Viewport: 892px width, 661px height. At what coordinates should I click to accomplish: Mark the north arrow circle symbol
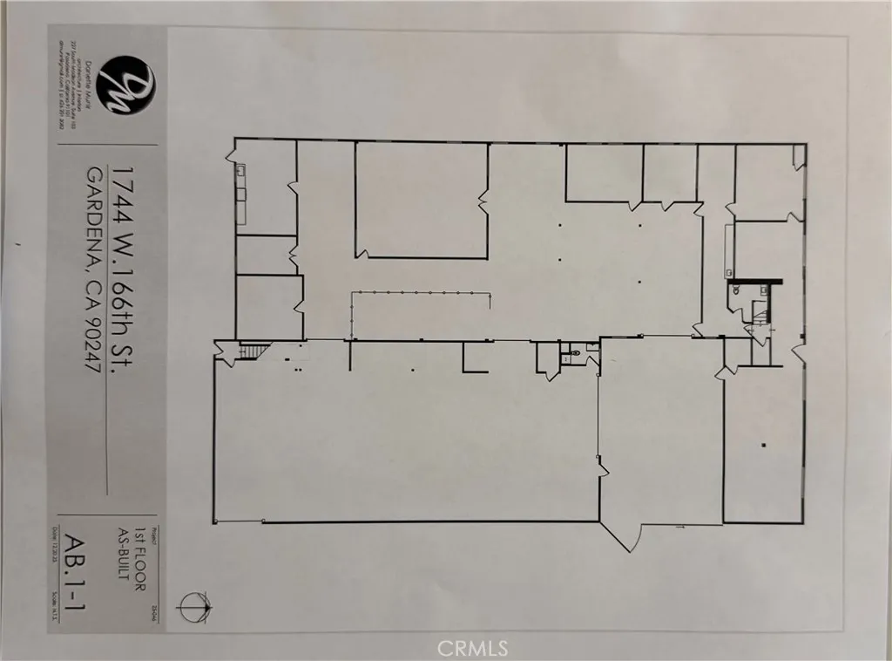pos(193,603)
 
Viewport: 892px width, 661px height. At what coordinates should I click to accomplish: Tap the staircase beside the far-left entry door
pos(250,351)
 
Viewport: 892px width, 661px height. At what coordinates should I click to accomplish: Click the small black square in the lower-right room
pos(763,446)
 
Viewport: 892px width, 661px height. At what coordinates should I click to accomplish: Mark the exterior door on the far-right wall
pos(798,351)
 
